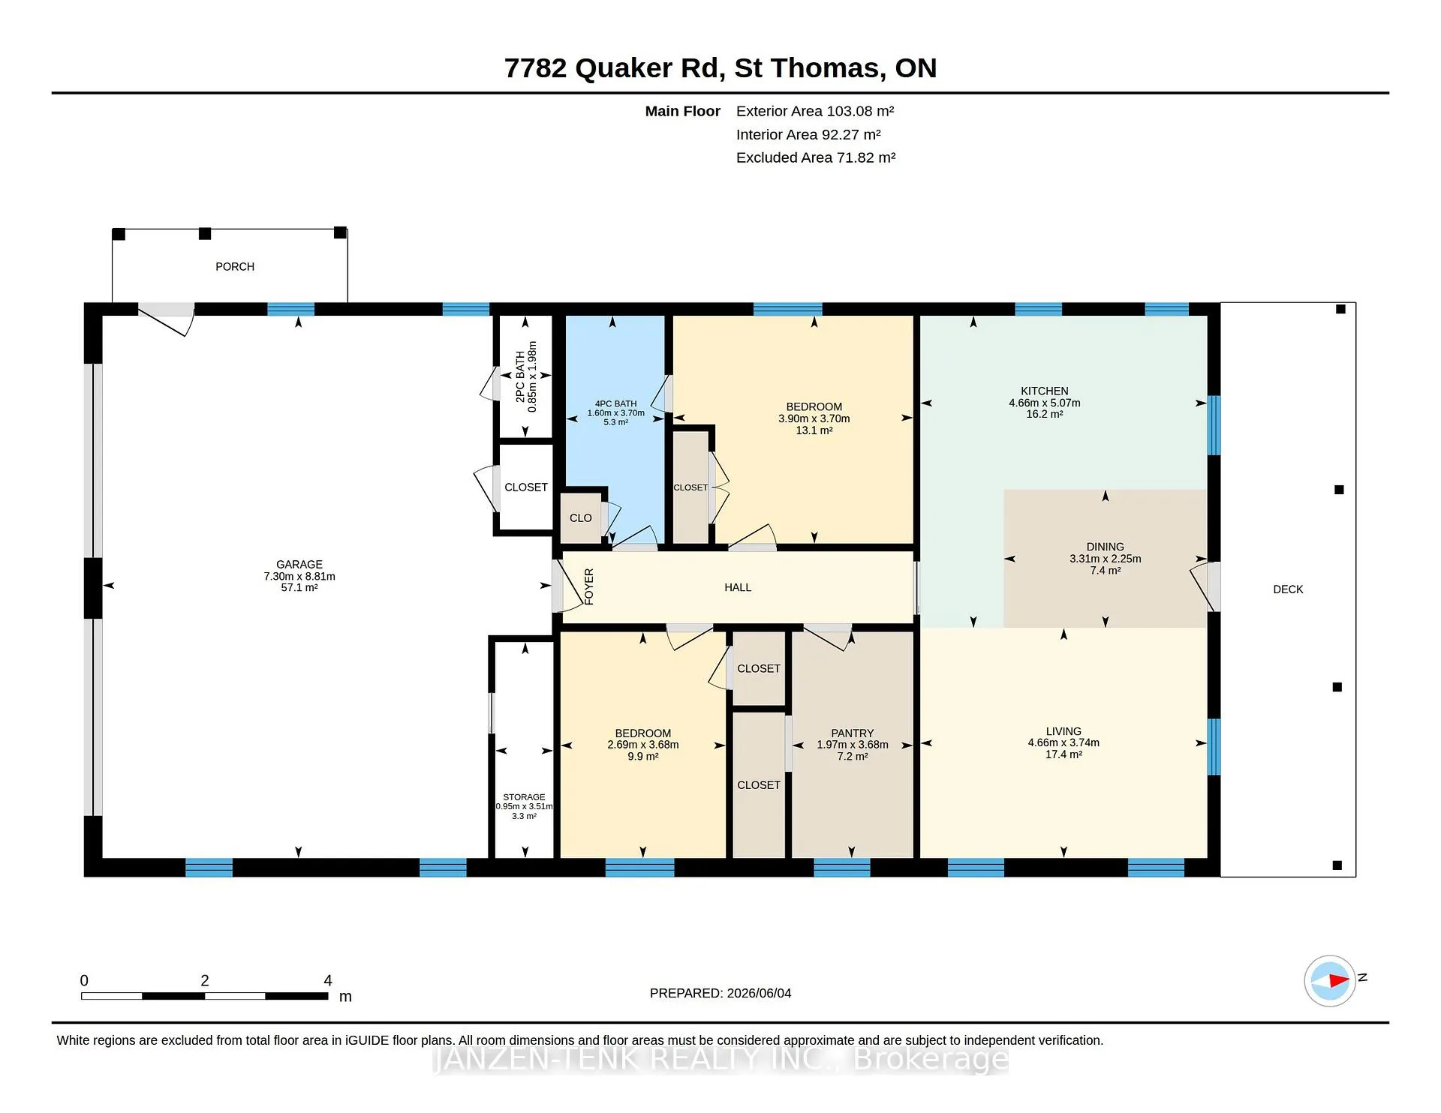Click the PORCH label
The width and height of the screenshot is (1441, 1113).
(235, 267)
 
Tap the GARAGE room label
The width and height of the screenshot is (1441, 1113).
(299, 565)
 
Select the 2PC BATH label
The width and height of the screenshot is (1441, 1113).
(520, 376)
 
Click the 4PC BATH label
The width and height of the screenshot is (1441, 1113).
(615, 403)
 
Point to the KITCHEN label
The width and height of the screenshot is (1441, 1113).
(1045, 391)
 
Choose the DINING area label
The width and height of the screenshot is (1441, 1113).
(1106, 547)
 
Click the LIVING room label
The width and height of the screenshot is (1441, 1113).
(1063, 731)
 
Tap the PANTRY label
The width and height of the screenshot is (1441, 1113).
(853, 733)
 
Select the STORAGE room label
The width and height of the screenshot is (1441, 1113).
(524, 797)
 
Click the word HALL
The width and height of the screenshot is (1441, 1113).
(738, 588)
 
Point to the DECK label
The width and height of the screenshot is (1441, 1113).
(1288, 589)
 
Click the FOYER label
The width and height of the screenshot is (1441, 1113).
(589, 587)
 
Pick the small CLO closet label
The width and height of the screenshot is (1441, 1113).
(581, 518)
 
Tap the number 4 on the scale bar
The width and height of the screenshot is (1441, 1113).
(328, 981)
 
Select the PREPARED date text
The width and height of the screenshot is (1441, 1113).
(720, 994)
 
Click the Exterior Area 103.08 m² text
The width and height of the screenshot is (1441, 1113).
(815, 112)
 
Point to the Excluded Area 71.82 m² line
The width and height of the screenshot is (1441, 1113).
(816, 158)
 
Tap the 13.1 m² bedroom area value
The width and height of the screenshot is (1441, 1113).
(814, 430)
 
